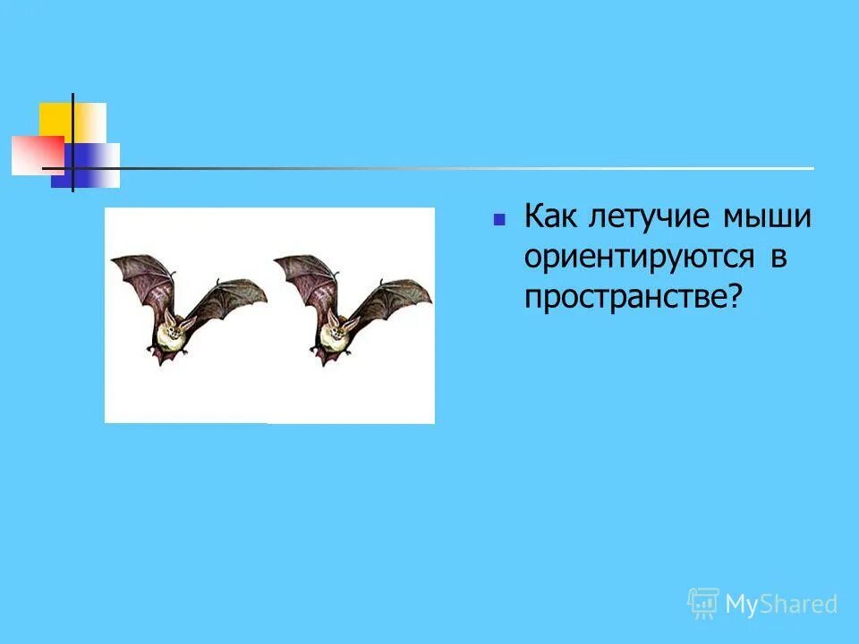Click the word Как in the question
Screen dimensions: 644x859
click(x=549, y=217)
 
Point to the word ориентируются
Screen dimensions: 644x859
click(x=637, y=258)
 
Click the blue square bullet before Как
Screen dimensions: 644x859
click(x=500, y=218)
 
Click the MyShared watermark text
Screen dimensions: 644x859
click(x=780, y=605)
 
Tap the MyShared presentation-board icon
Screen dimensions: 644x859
click(x=703, y=604)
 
